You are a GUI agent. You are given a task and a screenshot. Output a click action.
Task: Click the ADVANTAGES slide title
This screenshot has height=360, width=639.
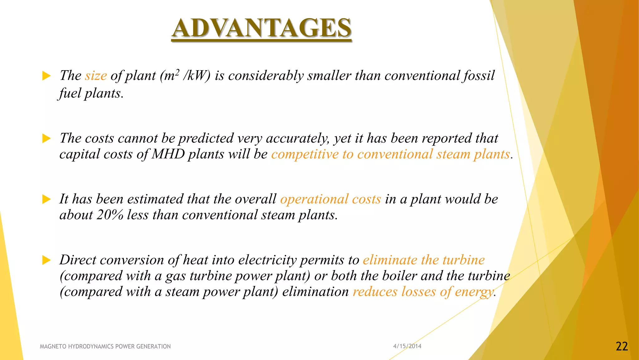(x=261, y=28)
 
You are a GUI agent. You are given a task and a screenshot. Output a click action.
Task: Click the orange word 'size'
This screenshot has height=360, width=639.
(x=96, y=76)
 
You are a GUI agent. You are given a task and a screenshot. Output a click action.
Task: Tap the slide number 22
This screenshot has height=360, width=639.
(x=622, y=346)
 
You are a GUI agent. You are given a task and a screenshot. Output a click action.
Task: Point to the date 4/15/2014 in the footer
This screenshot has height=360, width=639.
(x=407, y=346)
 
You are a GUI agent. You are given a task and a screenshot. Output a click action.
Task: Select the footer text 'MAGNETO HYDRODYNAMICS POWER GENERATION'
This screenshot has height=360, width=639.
(x=105, y=346)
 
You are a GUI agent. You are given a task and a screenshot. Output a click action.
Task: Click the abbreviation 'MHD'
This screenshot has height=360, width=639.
(x=168, y=154)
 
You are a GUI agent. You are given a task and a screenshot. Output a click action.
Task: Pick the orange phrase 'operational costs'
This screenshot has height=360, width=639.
(x=330, y=199)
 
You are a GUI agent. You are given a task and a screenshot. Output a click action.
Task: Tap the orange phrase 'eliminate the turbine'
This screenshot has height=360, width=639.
(x=424, y=260)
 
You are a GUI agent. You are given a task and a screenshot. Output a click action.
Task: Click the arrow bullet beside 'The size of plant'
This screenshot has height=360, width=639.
(x=46, y=76)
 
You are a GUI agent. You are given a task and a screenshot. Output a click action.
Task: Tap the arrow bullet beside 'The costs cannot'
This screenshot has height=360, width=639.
(x=46, y=138)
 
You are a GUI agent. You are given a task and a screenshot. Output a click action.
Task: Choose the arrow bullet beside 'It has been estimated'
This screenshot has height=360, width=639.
(x=46, y=199)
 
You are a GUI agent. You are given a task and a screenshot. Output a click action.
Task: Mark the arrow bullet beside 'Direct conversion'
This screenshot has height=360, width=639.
(x=46, y=260)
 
